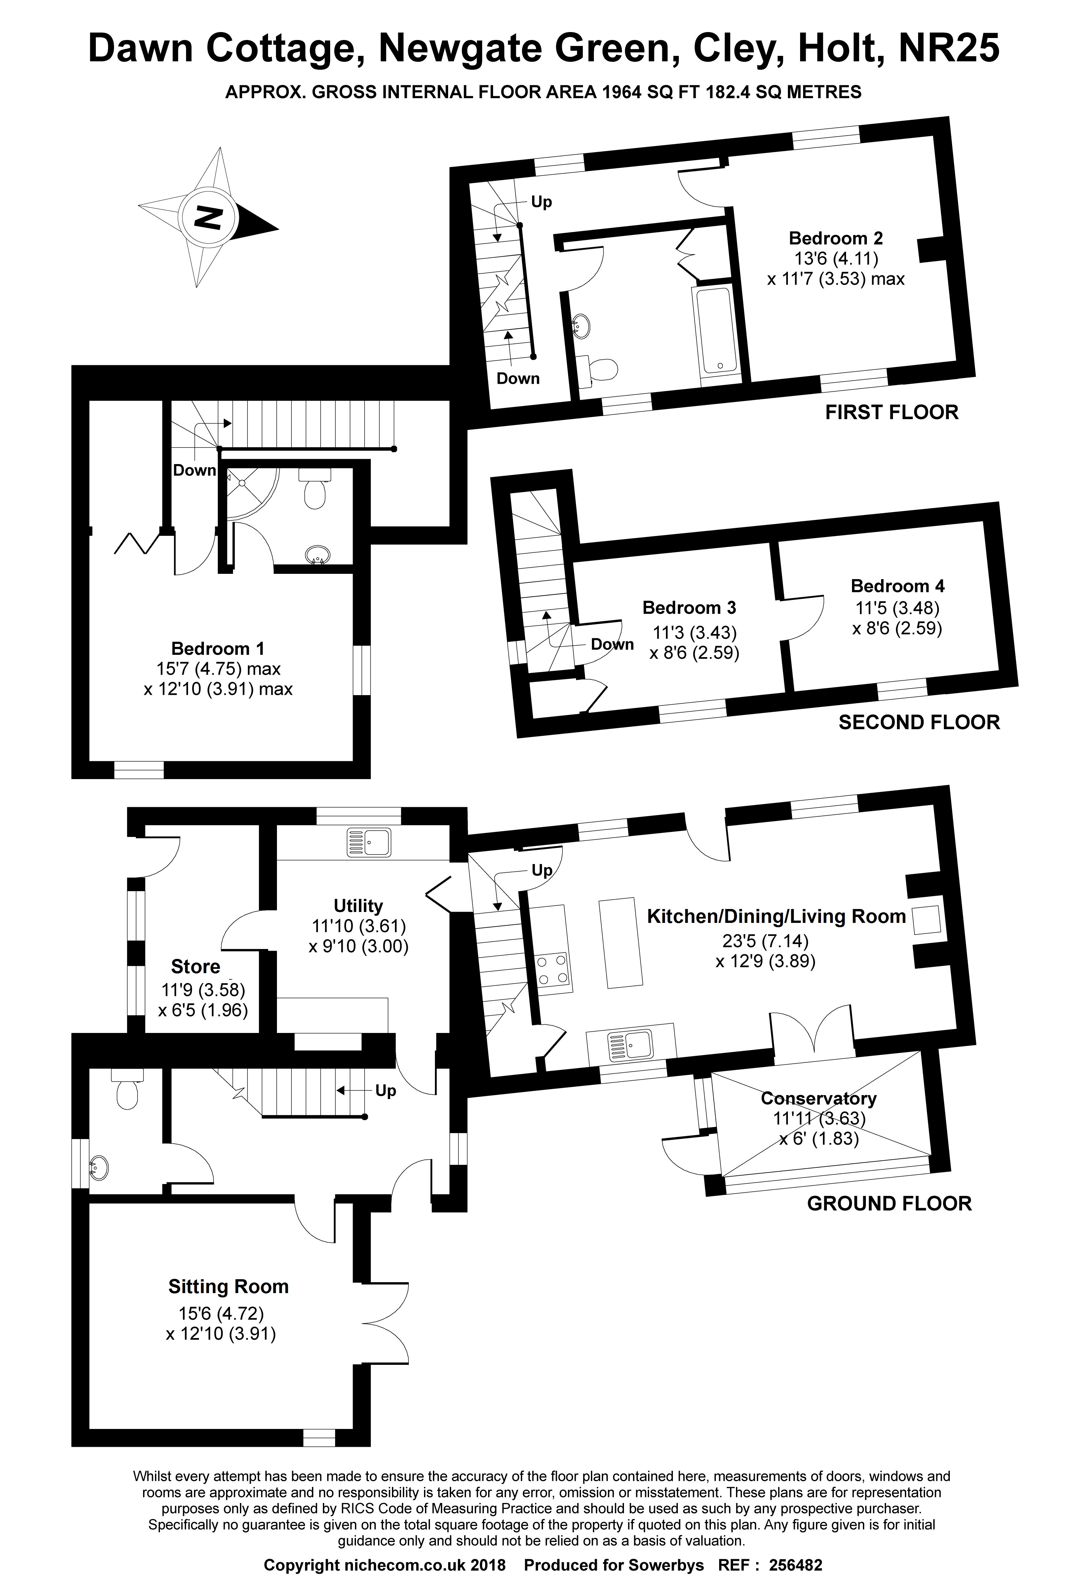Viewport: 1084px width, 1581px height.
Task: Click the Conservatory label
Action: point(818,1099)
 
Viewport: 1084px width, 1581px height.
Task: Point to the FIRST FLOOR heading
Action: point(892,412)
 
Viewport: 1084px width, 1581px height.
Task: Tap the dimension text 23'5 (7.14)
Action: point(765,941)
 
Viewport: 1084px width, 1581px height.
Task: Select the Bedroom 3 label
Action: point(689,608)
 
